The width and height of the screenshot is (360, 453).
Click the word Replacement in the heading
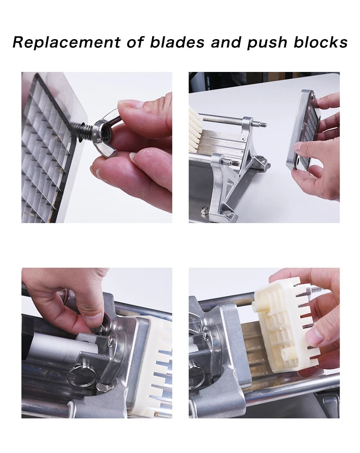66,42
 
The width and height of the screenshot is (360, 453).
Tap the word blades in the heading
177,42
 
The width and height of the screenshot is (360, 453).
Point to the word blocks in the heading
320,42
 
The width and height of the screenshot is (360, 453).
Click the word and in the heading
226,42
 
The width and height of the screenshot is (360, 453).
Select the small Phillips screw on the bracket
243,139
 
